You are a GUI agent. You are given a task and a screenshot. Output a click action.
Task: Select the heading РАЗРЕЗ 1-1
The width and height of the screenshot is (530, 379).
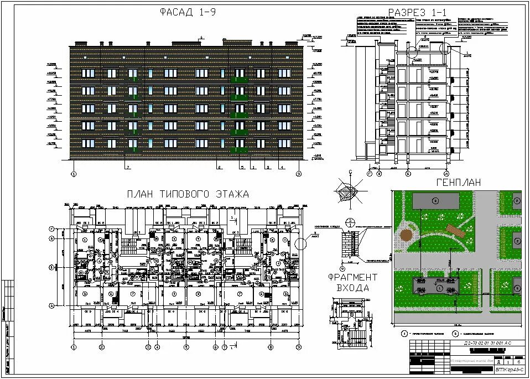(x=418, y=13)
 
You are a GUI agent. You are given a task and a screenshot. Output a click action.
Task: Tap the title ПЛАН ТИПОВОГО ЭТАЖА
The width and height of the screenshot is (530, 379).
(x=188, y=194)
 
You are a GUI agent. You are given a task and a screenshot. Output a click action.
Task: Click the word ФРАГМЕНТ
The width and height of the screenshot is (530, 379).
(x=352, y=277)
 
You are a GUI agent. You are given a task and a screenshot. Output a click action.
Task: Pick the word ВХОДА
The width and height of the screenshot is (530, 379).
(x=352, y=288)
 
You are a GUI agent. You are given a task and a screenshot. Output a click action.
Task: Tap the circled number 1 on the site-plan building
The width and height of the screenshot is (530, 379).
(x=439, y=288)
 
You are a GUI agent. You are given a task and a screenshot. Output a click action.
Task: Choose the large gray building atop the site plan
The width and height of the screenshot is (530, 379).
(x=435, y=200)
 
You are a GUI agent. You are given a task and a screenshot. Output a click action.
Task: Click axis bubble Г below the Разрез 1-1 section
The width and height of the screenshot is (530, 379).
(x=370, y=173)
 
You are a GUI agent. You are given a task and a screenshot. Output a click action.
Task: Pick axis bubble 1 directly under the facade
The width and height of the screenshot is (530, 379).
(x=73, y=173)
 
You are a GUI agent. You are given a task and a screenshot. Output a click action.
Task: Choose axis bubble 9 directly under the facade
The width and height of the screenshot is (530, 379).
(x=299, y=173)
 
